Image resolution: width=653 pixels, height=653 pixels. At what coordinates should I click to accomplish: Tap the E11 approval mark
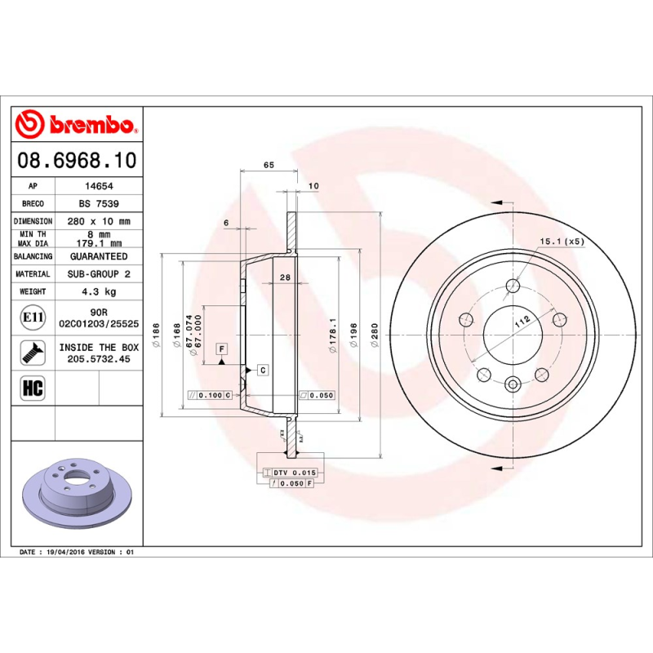tap(33, 317)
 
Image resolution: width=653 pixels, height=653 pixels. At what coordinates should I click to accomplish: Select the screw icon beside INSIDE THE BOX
tap(33, 353)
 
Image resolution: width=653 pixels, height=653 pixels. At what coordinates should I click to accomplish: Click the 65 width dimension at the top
tap(269, 165)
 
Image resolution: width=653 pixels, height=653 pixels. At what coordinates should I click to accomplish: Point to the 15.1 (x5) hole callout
tap(562, 241)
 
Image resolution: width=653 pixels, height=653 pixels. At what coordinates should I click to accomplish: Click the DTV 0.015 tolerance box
tap(290, 473)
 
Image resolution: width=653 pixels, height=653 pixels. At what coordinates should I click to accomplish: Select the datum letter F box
tap(221, 349)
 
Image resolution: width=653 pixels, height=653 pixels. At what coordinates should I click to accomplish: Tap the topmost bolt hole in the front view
tap(513, 285)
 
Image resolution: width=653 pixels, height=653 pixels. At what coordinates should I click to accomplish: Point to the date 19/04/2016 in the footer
tap(67, 553)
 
